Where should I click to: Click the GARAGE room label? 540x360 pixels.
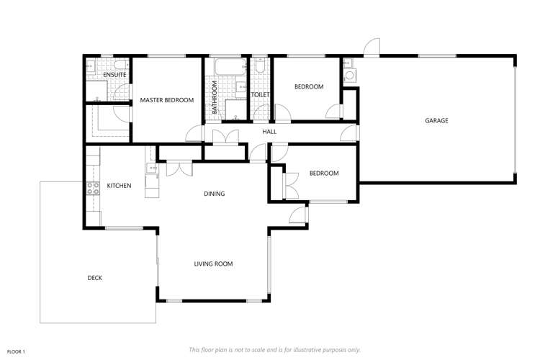(436, 120)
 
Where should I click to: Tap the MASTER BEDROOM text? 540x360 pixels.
(167, 100)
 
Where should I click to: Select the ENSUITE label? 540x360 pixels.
(114, 74)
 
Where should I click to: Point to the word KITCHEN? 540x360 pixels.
(119, 186)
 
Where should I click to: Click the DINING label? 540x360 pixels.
(214, 193)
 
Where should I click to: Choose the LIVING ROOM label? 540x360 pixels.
(213, 264)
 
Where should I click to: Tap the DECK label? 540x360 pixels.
(95, 278)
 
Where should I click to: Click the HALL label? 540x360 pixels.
(269, 132)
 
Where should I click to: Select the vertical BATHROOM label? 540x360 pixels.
(215, 97)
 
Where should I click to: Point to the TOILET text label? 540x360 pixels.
(259, 94)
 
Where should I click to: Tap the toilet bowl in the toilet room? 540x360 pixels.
(261, 67)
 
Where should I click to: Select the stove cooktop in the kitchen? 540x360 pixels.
(94, 188)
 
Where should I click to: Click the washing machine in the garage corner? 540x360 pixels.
(349, 76)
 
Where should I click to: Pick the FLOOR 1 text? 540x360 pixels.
(16, 351)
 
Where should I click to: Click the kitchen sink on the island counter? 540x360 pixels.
(152, 169)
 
